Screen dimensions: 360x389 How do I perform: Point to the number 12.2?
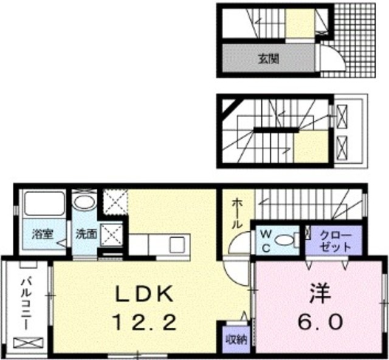click(x=146, y=321)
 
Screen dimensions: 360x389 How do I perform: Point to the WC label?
click(x=266, y=240)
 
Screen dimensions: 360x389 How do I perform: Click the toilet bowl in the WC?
click(x=284, y=240)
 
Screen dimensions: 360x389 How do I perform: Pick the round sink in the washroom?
click(x=83, y=202)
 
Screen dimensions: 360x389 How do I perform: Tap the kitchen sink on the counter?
click(x=177, y=245)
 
